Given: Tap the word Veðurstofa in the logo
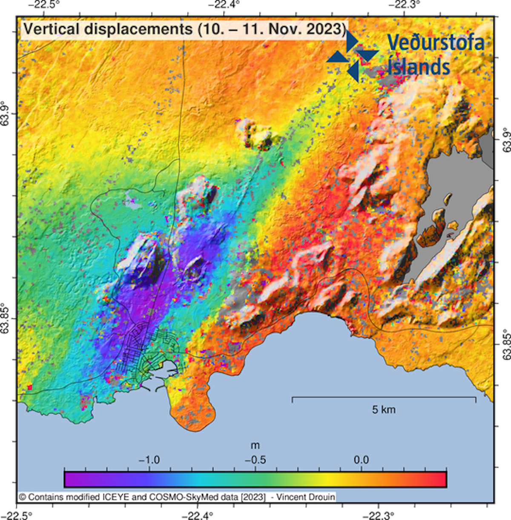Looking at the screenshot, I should point(436,42).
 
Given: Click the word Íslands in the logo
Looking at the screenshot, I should point(419,67).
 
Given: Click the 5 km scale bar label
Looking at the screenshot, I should point(384,410).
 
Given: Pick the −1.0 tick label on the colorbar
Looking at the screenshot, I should point(149,460).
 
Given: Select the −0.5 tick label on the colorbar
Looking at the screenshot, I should point(255,460).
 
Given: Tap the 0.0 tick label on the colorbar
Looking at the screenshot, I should point(361,460).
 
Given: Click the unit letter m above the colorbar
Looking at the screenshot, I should point(255,446).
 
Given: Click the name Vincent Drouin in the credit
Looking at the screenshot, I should point(305,497).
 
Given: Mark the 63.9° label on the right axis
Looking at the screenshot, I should point(506,140).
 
